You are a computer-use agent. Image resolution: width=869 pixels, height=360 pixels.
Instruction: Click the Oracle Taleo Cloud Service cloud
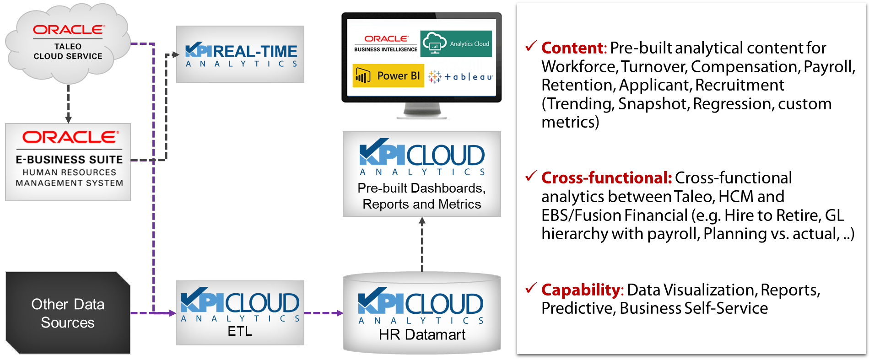click(x=68, y=43)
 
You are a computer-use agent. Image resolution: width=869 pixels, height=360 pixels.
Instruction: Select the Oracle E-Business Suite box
click(x=68, y=162)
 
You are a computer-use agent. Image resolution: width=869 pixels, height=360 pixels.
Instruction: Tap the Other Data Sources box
click(x=68, y=313)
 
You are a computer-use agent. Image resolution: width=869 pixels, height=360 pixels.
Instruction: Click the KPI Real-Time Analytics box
click(x=240, y=54)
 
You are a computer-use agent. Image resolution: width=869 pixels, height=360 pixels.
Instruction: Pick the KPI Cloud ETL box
click(x=240, y=313)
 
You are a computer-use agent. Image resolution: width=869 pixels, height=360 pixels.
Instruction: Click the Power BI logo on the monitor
click(x=388, y=76)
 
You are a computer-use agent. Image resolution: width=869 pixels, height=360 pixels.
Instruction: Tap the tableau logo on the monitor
click(x=460, y=77)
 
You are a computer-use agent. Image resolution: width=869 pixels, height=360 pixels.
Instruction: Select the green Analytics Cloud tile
click(x=456, y=44)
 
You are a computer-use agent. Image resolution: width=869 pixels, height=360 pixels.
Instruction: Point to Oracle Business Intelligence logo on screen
click(x=386, y=43)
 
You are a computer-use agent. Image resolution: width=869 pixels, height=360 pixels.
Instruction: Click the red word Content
click(x=572, y=48)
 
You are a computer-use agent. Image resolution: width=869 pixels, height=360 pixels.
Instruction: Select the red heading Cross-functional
click(x=606, y=178)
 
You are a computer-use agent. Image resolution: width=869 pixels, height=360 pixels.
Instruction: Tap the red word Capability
click(x=580, y=290)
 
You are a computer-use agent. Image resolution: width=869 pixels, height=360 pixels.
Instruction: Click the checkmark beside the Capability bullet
click(x=531, y=288)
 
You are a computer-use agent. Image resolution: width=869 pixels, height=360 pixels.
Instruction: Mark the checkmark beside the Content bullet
click(x=531, y=46)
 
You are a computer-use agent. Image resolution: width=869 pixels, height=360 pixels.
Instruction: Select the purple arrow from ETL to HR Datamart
click(x=324, y=313)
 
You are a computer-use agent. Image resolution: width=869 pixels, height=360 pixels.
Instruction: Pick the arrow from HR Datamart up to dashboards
click(x=422, y=244)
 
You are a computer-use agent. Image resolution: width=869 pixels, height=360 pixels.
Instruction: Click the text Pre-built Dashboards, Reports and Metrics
click(x=421, y=196)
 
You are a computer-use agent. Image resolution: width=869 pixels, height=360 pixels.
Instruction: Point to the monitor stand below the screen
click(x=422, y=111)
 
